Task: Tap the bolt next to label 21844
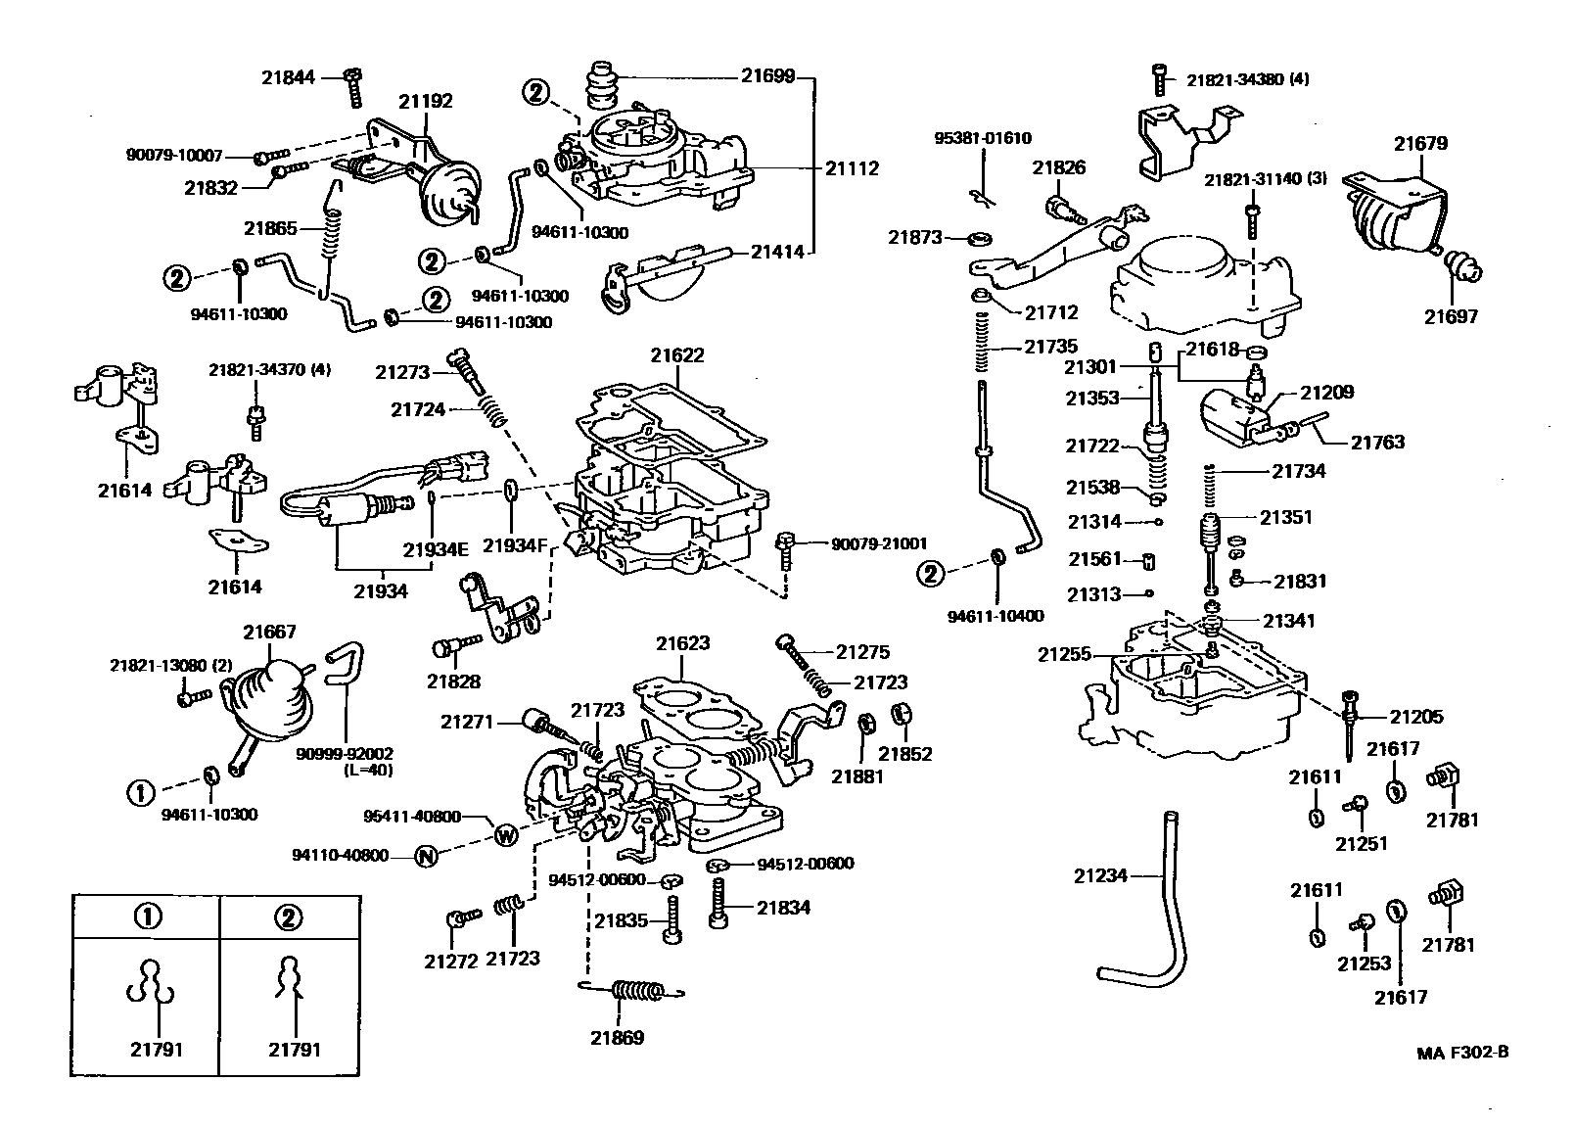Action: pos(353,88)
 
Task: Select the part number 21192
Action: pos(425,100)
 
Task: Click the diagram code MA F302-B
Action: pos(1462,1053)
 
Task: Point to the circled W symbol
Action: pos(505,835)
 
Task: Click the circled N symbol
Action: pos(425,856)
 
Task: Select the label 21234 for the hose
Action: pos(1101,876)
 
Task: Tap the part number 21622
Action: pos(676,355)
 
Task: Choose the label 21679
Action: pos(1420,143)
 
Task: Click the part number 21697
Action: pos(1451,316)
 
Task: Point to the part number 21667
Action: pos(269,633)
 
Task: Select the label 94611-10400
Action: pos(995,616)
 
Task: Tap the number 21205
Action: pos(1416,717)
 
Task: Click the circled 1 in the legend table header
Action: pos(146,916)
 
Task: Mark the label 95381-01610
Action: pos(981,139)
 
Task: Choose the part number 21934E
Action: pos(437,549)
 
